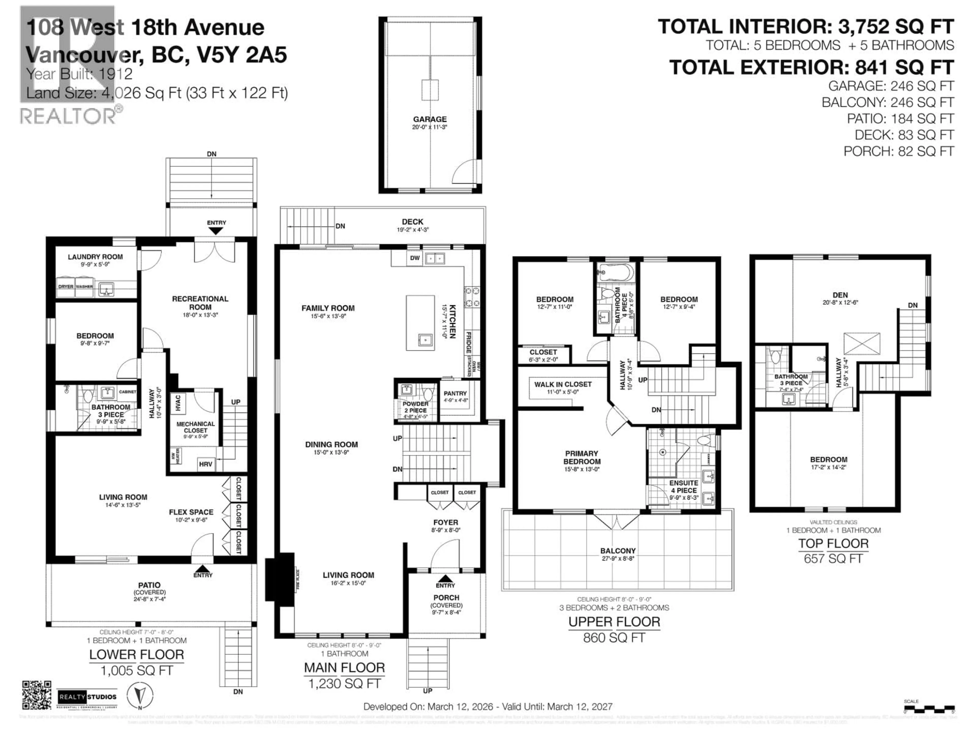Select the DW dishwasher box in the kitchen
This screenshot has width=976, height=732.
tap(415, 258)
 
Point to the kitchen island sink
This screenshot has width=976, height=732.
tap(425, 340)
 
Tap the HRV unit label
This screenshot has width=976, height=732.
tap(205, 464)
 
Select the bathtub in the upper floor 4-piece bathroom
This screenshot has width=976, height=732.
tap(616, 273)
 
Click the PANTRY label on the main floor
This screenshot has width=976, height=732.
tap(455, 393)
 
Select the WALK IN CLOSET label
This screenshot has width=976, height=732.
tap(562, 384)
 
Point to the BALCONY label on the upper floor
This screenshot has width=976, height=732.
tap(617, 551)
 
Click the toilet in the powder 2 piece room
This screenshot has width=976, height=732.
tap(427, 392)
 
